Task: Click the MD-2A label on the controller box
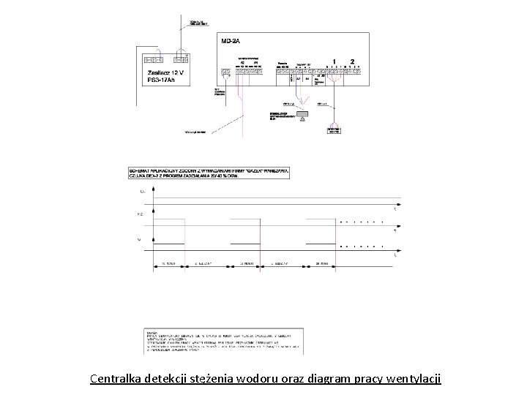(x=231, y=42)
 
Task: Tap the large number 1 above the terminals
(x=334, y=62)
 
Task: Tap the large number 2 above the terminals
(x=352, y=62)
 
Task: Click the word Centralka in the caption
(x=117, y=379)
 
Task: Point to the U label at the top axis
(x=141, y=191)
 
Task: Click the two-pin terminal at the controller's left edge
(x=225, y=72)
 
